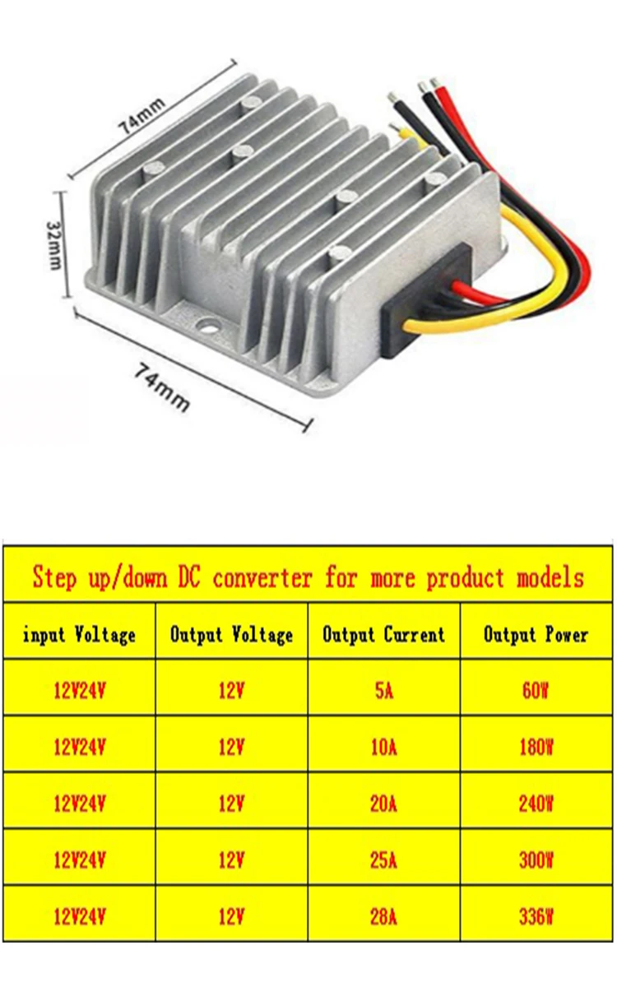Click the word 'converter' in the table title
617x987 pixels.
pos(262,577)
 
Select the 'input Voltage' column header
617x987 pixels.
pos(79,634)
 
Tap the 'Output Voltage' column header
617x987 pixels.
pos(231,634)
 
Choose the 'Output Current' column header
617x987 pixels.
pos(383,634)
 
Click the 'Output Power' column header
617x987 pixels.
pos(536,634)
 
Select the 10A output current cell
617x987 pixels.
pos(383,747)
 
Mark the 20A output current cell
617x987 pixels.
pos(383,803)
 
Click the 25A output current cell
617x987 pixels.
pos(383,860)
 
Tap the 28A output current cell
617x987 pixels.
pos(383,915)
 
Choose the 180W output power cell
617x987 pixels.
pos(536,747)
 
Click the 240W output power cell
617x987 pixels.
pos(536,803)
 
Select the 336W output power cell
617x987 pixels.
pos(536,915)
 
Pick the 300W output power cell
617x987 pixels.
pos(536,860)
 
